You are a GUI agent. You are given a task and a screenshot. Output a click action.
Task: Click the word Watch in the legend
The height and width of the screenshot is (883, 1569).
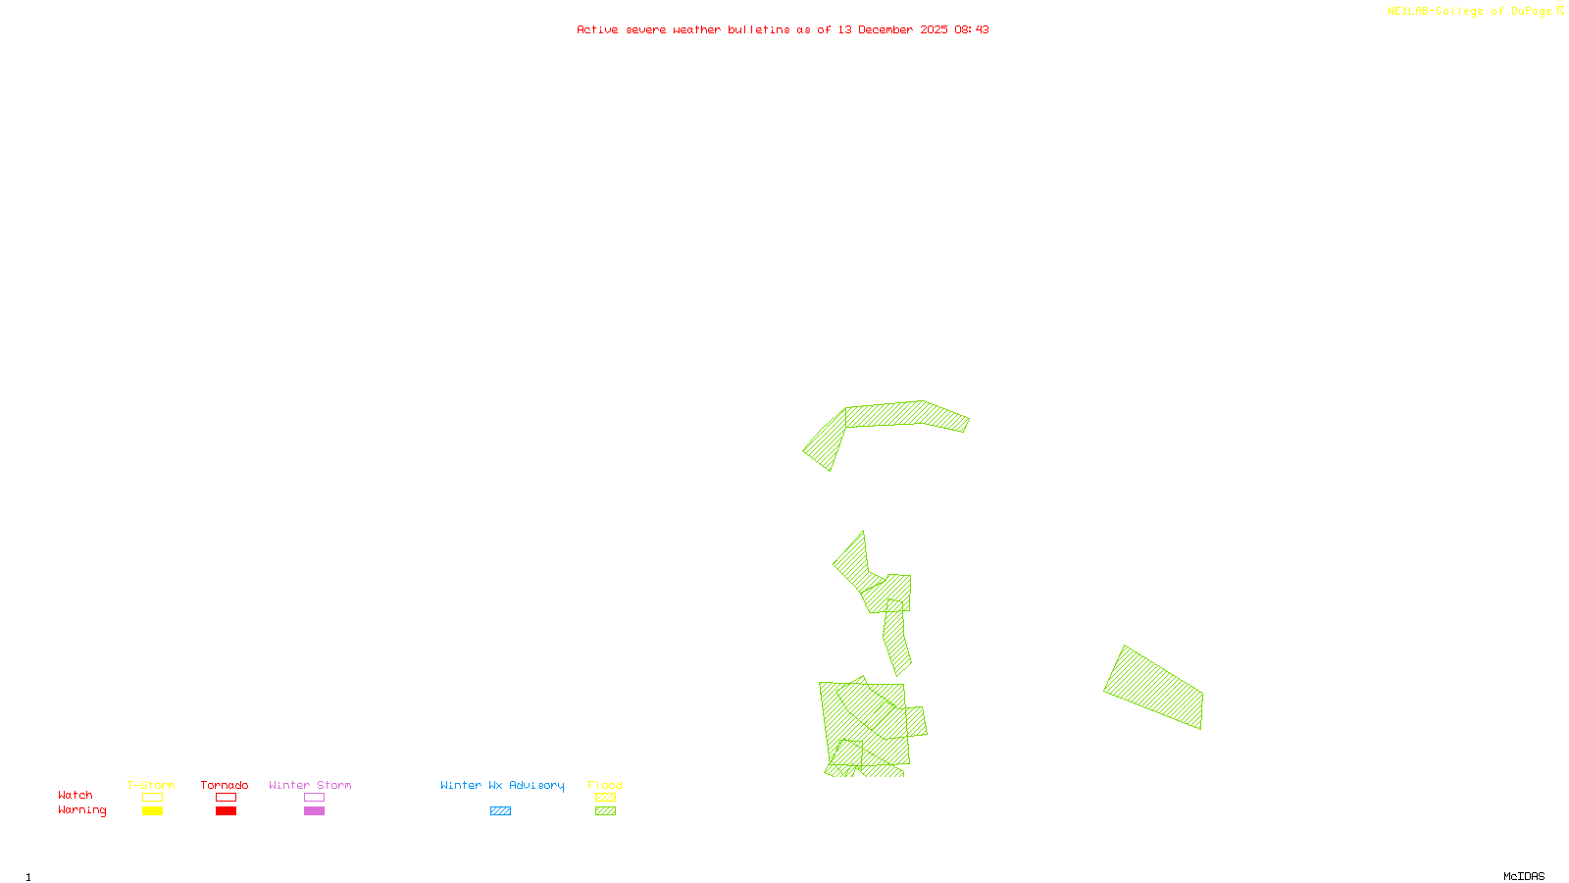[76, 796]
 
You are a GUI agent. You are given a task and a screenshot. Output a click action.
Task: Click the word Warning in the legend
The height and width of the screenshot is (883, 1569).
[82, 810]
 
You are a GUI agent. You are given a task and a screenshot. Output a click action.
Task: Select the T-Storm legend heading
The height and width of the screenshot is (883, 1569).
[151, 785]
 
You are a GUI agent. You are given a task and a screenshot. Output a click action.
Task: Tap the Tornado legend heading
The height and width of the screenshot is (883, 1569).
[225, 785]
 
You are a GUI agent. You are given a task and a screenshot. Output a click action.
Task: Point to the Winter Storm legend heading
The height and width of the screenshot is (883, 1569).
[310, 785]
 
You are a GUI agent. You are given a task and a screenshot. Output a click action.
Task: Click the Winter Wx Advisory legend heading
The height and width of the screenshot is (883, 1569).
[502, 785]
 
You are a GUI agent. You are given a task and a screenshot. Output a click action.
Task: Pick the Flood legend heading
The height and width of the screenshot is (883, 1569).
[605, 785]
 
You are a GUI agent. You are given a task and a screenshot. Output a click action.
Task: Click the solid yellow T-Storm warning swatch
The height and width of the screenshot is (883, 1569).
[152, 811]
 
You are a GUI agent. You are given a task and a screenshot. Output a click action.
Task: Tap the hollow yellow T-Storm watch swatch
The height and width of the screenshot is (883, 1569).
[152, 798]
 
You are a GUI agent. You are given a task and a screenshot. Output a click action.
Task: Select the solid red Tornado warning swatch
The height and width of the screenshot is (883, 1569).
[226, 811]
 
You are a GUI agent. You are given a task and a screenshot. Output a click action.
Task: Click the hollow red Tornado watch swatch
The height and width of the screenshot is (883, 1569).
[226, 798]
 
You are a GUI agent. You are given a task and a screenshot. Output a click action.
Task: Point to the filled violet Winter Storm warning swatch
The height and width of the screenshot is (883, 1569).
[314, 811]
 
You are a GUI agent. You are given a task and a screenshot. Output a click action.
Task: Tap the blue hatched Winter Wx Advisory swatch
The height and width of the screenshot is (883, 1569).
[500, 811]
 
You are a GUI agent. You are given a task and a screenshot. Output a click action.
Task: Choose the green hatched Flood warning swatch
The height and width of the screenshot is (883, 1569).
[606, 811]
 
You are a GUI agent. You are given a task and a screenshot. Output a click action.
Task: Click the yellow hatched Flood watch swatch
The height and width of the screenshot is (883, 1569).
[606, 798]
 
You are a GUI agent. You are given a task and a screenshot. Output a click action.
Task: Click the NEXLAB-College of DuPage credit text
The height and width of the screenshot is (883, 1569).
[1470, 12]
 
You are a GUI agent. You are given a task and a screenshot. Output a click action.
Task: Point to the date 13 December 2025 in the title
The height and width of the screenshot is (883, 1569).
[892, 29]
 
